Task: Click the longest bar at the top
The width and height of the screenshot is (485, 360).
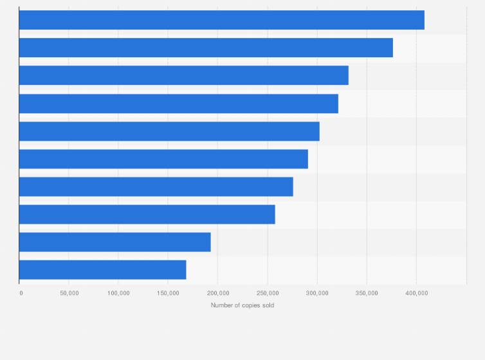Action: pyautogui.click(x=221, y=20)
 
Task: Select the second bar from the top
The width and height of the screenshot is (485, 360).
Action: pyautogui.click(x=206, y=48)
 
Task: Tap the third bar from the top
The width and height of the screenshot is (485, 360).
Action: pyautogui.click(x=183, y=75)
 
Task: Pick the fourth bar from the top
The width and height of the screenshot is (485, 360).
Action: pyautogui.click(x=178, y=104)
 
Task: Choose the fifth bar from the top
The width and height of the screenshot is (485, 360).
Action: pyautogui.click(x=169, y=131)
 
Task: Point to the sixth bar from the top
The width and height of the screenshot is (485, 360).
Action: pyautogui.click(x=163, y=159)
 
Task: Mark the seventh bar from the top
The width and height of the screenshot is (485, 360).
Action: pyautogui.click(x=156, y=186)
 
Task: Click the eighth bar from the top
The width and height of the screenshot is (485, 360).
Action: pyautogui.click(x=147, y=214)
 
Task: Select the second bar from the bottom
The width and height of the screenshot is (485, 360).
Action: pyautogui.click(x=114, y=242)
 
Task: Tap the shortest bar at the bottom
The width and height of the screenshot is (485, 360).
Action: pyautogui.click(x=102, y=269)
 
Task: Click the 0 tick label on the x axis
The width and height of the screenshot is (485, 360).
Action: pyautogui.click(x=21, y=293)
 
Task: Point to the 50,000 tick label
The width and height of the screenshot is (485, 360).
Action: pyautogui.click(x=69, y=293)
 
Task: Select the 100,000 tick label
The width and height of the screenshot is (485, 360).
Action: pyautogui.click(x=118, y=293)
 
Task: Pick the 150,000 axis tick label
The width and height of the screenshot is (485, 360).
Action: pyautogui.click(x=168, y=293)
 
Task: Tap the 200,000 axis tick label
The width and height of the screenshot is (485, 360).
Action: pyautogui.click(x=217, y=293)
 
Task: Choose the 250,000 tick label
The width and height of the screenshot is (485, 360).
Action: pyautogui.click(x=267, y=293)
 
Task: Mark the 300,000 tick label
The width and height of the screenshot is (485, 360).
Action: pyautogui.click(x=316, y=293)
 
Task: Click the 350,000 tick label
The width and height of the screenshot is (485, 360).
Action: pyautogui.click(x=366, y=293)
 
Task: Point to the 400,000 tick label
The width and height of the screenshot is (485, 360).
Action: pyautogui.click(x=416, y=293)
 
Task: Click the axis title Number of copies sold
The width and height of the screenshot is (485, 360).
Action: pyautogui.click(x=243, y=305)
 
